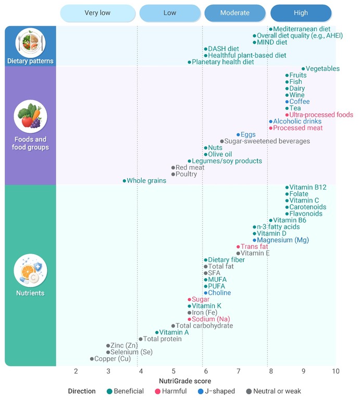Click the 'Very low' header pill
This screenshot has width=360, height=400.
[98, 12]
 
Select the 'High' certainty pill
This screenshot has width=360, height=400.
[301, 12]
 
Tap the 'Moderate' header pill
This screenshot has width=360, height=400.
[235, 12]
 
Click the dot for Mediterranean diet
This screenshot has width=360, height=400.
[271, 29]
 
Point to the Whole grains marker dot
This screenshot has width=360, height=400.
[124, 181]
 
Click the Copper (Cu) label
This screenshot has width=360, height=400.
[113, 359]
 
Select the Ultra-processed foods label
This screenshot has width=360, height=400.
[321, 115]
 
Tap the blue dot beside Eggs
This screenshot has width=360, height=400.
[238, 135]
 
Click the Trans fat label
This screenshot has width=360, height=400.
[254, 246]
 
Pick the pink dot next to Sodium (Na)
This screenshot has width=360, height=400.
[189, 319]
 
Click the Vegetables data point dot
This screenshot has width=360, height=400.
[303, 69]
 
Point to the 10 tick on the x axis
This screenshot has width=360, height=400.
[336, 371]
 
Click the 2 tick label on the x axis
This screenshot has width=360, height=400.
[76, 371]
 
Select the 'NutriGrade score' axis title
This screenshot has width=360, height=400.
[185, 381]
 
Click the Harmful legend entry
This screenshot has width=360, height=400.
[171, 391]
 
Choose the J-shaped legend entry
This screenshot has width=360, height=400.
[216, 391]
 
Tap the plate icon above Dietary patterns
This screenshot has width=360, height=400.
[30, 43]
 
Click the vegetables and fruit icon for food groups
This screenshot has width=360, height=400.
[30, 117]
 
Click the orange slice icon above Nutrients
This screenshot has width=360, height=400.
[30, 271]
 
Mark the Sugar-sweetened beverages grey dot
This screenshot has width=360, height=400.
[222, 141]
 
